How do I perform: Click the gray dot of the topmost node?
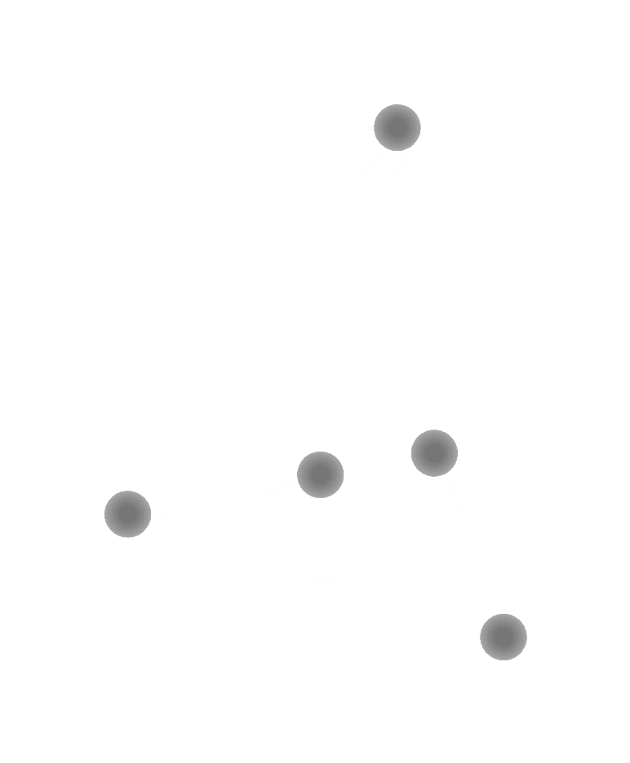point(397,127)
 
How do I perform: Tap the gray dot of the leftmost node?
point(128,514)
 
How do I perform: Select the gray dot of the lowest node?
point(504,637)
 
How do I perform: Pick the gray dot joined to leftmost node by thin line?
point(320,474)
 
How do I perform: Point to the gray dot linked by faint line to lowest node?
point(434,453)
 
